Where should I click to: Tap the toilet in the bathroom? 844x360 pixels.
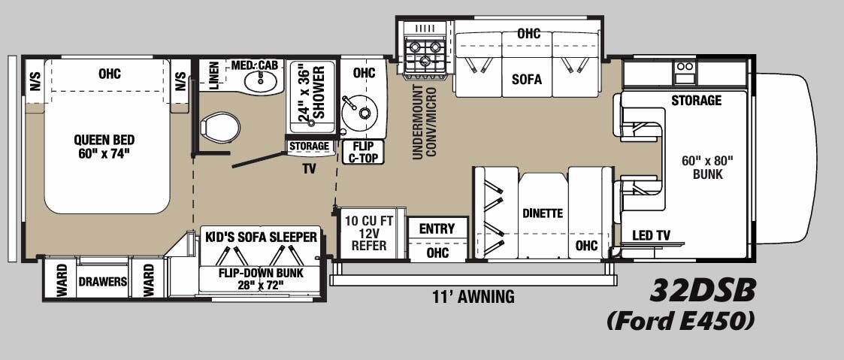[x=220, y=126]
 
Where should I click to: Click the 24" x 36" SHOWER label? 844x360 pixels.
[x=313, y=89]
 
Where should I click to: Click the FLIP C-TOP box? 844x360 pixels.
[x=364, y=153]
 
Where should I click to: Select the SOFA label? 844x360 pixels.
[x=526, y=79]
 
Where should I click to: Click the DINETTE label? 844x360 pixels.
[x=543, y=213]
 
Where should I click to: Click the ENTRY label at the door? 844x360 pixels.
[x=437, y=228]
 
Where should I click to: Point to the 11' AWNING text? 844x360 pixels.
[x=473, y=297]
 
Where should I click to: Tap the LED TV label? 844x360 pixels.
[x=651, y=235]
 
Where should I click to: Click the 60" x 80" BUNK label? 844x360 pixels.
[x=706, y=167]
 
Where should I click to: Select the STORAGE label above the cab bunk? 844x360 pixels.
[x=696, y=101]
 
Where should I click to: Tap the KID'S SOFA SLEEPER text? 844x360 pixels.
[x=261, y=237]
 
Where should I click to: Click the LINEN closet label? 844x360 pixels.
[x=213, y=77]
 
